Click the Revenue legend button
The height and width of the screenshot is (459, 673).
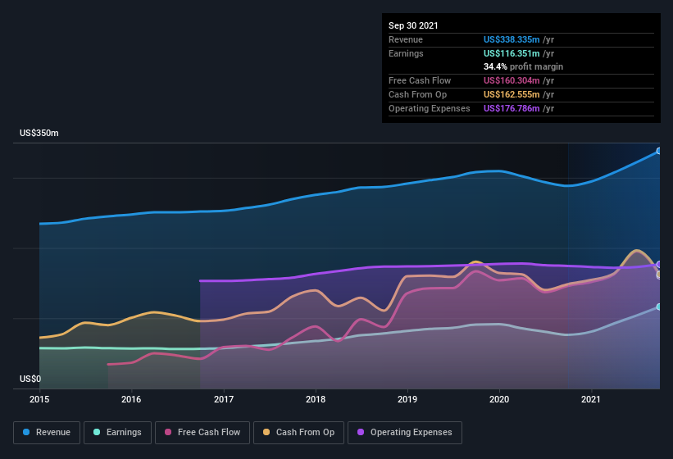pos(47,432)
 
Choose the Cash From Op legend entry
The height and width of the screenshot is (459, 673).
pos(300,432)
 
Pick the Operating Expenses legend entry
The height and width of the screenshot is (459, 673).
pos(405,432)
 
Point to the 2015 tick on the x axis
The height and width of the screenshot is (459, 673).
pos(39,400)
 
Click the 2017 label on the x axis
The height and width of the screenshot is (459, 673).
pos(224,400)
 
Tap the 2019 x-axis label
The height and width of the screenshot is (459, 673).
pos(407,400)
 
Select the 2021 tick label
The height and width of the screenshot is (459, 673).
pos(591,400)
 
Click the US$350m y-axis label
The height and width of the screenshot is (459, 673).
pos(39,133)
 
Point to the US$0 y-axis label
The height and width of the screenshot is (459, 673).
pos(30,379)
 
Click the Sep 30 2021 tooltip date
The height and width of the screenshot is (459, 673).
pos(413,25)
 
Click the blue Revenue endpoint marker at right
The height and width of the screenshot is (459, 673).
pos(659,151)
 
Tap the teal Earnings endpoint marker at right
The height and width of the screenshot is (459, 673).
pos(659,307)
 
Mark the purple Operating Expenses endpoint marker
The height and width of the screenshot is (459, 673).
pos(659,265)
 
